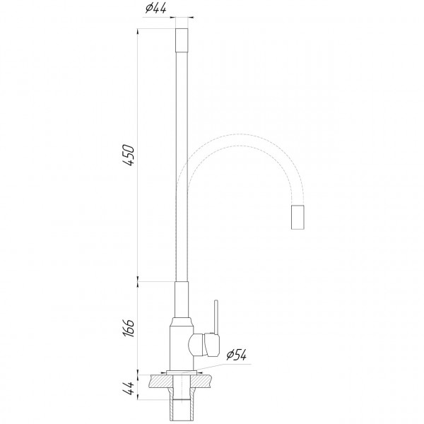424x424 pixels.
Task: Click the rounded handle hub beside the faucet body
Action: [202, 345]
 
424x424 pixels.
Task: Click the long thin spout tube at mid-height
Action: [182, 163]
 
